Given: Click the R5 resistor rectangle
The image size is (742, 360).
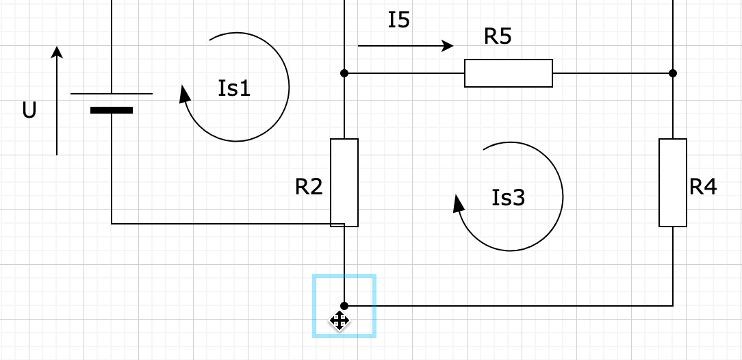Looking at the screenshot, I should [x=509, y=73].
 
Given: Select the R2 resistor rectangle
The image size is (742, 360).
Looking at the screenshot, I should [x=344, y=182].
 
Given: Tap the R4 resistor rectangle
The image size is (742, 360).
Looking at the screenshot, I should [x=673, y=182].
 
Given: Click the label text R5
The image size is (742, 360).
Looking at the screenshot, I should [x=498, y=36].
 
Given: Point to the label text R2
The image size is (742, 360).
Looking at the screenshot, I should [x=309, y=186].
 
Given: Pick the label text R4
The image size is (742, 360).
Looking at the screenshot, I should [x=703, y=186].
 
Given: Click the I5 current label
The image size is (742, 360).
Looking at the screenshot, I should [x=399, y=20].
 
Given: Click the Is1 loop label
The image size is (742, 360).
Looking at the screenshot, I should [x=234, y=88].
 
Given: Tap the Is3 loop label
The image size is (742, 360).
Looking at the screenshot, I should [x=509, y=197].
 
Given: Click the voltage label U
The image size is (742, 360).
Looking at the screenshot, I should [x=29, y=110].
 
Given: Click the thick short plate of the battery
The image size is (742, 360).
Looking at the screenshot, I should [x=112, y=110].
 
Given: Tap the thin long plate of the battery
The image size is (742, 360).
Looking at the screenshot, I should [x=112, y=94].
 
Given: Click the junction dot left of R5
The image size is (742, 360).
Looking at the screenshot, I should [x=344, y=73].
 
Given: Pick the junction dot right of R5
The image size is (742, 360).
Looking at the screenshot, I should [x=673, y=73].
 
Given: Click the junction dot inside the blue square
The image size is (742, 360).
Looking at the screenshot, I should [x=344, y=306].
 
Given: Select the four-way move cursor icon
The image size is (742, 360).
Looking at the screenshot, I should [x=340, y=320].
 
